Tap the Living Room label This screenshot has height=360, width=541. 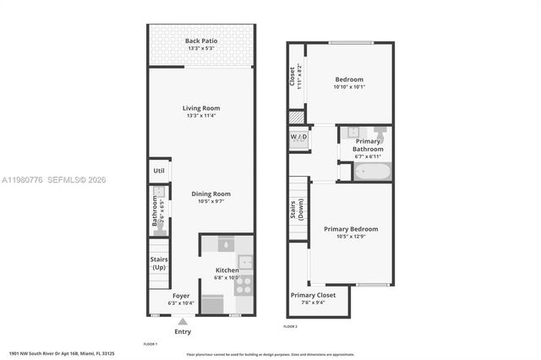(201, 107)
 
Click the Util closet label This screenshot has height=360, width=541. (159, 170)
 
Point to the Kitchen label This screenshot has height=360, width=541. (227, 270)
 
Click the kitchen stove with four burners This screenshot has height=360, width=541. (243, 286)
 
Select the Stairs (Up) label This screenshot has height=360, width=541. (159, 263)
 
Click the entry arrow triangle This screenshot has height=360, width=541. (183, 321)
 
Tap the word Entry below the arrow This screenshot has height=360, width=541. (183, 331)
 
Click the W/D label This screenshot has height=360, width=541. (298, 136)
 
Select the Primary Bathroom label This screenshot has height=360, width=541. (369, 145)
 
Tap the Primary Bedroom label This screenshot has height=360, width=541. (351, 228)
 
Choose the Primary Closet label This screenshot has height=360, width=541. (313, 295)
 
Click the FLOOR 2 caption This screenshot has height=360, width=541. (290, 326)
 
